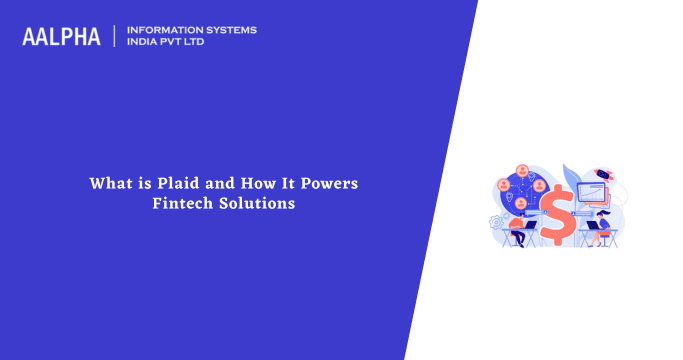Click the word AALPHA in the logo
click(x=61, y=37)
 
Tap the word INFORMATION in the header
click(x=159, y=30)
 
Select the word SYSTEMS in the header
click(x=227, y=30)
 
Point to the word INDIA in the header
click(x=143, y=43)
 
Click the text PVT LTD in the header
click(x=187, y=43)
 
